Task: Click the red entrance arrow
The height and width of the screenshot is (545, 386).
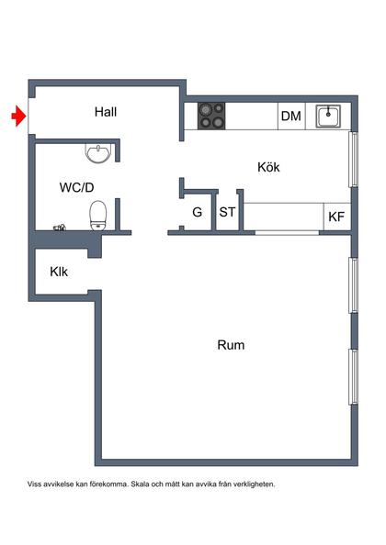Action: tap(17, 116)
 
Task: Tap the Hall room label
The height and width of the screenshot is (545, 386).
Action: tap(106, 112)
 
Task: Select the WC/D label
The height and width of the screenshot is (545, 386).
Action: tap(77, 187)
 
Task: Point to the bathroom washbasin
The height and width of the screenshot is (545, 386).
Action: tap(98, 150)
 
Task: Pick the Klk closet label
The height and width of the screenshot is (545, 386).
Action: tap(59, 272)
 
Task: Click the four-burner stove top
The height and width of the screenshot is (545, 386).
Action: tap(213, 115)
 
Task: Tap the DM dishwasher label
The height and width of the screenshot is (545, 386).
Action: tap(291, 116)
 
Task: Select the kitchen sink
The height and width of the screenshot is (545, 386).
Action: tap(329, 116)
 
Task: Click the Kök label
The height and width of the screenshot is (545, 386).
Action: tap(267, 167)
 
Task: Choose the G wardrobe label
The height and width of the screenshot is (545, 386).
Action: tap(197, 213)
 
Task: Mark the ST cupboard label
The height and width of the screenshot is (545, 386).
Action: tap(226, 213)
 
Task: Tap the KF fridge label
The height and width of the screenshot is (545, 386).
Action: tap(336, 217)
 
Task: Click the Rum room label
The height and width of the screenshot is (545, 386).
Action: tap(231, 345)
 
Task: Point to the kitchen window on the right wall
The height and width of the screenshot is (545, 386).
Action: tap(354, 161)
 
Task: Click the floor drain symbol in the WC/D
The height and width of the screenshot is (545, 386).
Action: tap(60, 226)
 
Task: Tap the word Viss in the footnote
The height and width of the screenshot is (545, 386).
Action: tap(36, 484)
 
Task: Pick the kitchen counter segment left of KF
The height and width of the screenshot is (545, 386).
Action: tap(282, 217)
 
